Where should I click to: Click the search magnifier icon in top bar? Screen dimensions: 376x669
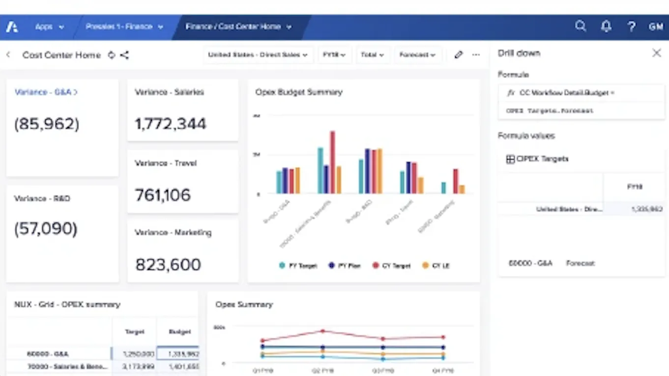pos(581,26)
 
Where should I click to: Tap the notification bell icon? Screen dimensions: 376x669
pos(606,27)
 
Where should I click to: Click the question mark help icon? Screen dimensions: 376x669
pos(632,27)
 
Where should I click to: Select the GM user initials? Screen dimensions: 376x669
pos(656,27)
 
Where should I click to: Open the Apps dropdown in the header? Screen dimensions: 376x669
pos(49,27)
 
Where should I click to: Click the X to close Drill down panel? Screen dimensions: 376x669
pos(656,53)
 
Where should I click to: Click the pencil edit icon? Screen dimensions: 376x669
pos(458,55)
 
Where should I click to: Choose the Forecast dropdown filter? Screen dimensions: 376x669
pos(417,55)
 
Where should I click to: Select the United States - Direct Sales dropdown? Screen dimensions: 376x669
pos(258,55)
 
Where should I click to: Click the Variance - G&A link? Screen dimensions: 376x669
pos(46,92)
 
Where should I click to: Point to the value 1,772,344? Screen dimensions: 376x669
pos(171,124)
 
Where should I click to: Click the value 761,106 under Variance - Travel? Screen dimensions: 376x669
pos(163,195)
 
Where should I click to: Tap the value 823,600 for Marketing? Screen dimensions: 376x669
pos(168,265)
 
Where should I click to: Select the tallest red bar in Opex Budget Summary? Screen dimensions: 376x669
pos(332,162)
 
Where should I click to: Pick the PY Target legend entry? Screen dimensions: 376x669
pos(298,266)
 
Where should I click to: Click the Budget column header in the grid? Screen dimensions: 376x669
pos(179,332)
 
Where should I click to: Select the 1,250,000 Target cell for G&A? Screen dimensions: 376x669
pos(134,353)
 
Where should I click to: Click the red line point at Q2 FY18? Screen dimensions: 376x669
pos(322,331)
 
